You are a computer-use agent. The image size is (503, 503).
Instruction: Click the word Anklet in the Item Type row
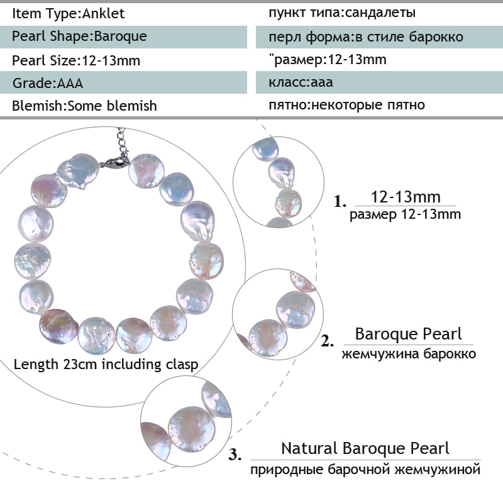[x=103, y=13]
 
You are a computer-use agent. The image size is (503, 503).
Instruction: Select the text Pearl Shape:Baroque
[x=79, y=36]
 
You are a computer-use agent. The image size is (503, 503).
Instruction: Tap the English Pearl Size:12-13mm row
[x=76, y=60]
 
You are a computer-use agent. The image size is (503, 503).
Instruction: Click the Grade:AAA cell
[x=48, y=83]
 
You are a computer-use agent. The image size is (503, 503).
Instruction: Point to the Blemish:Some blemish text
[x=84, y=106]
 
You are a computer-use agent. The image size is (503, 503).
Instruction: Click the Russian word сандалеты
[x=381, y=13]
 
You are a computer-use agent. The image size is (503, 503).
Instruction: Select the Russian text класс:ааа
[x=301, y=82]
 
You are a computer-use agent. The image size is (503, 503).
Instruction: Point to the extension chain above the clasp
[x=121, y=141]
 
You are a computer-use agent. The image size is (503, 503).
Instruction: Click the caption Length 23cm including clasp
[x=106, y=365]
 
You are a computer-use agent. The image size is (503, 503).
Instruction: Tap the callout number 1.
[x=340, y=201]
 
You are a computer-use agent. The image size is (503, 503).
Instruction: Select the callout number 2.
[x=327, y=341]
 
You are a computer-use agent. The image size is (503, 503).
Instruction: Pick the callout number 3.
[x=235, y=454]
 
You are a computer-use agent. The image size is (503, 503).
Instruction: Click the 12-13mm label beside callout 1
[x=406, y=197]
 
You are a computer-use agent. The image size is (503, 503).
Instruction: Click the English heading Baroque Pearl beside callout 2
[x=408, y=334]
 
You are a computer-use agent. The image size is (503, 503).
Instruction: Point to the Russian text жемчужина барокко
[x=409, y=354]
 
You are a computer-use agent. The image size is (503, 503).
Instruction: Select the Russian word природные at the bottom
[x=287, y=470]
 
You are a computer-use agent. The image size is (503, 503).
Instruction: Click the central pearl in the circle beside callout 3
[x=192, y=429]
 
